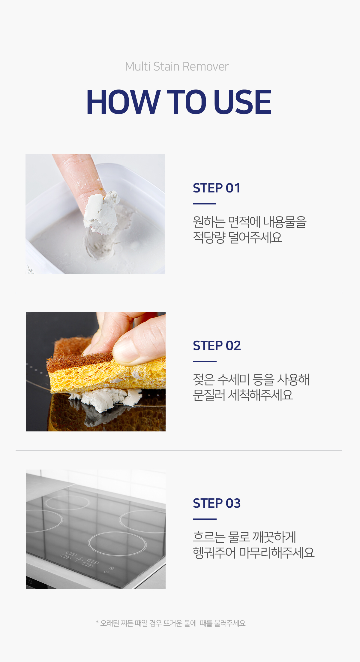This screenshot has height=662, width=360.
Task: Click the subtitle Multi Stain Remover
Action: click(177, 67)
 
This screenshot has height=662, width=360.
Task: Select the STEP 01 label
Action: click(217, 188)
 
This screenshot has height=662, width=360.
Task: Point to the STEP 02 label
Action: click(217, 346)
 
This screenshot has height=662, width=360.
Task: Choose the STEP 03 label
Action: click(217, 503)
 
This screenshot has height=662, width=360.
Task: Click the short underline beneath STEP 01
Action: click(205, 204)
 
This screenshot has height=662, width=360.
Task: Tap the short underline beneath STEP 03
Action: click(205, 519)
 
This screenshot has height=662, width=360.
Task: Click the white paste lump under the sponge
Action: click(105, 398)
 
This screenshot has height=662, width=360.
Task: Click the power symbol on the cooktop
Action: click(106, 572)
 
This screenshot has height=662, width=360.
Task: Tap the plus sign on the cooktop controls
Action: click(79, 559)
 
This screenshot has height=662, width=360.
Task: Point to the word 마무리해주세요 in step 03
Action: click(277, 553)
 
